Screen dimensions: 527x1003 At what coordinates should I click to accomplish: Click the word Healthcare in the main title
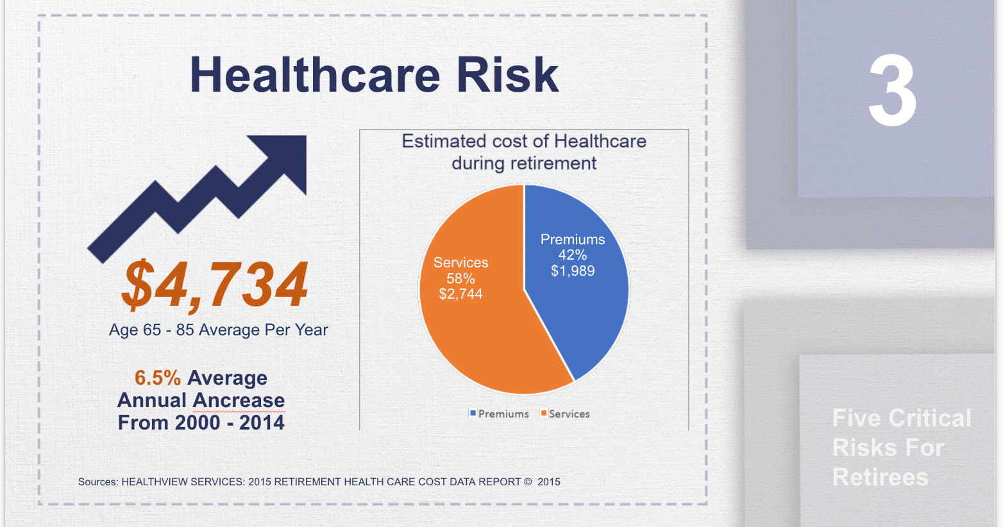(314, 75)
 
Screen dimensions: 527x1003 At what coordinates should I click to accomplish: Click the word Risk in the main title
(507, 75)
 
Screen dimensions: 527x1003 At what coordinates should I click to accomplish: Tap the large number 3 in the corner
(893, 92)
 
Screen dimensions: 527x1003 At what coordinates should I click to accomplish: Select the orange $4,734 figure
(215, 284)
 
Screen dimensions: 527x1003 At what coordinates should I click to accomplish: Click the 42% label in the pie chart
(572, 255)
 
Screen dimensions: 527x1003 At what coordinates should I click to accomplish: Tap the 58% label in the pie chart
(460, 278)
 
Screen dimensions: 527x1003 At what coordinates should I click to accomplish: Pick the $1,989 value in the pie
(573, 271)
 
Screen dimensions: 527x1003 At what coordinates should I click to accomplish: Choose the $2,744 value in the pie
(460, 294)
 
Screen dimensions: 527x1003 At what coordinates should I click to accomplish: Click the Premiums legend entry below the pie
(500, 414)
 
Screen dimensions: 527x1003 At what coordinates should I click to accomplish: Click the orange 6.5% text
(158, 378)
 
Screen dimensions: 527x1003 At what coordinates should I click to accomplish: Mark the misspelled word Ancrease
(239, 401)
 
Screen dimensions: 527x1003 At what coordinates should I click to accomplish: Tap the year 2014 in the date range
(262, 423)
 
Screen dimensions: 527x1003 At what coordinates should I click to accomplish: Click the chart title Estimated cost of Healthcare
(524, 142)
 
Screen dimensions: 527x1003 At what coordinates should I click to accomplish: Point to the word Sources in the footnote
(97, 482)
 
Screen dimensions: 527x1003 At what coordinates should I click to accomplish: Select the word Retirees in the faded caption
(880, 478)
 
